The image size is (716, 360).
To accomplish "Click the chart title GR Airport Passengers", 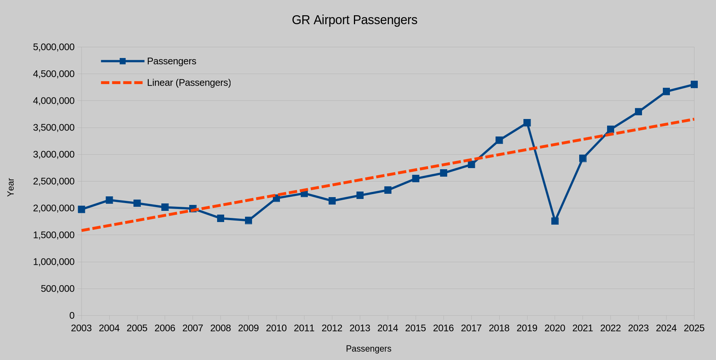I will (354, 20).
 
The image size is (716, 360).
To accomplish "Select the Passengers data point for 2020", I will (555, 221).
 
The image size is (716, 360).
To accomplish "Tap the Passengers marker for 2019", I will (527, 123).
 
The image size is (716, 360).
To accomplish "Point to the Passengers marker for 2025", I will (694, 84).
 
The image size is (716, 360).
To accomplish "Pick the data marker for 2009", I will (248, 220).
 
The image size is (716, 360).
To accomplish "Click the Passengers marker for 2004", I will (109, 200).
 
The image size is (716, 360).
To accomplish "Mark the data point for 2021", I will (583, 158).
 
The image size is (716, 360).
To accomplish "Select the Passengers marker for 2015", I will (416, 179).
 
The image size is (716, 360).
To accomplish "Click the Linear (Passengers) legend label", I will (189, 83).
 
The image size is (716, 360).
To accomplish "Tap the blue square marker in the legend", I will (123, 61).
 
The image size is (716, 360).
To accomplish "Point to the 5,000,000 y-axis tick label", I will (54, 47).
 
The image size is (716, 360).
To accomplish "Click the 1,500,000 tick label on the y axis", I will (54, 235).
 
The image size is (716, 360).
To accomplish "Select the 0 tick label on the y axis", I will (72, 316).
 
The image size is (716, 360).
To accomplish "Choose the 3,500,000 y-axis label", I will (54, 128).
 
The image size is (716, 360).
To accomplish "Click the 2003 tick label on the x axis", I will (81, 328).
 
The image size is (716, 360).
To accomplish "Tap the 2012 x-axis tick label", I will (332, 328).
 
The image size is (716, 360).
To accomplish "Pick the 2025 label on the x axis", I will (694, 328).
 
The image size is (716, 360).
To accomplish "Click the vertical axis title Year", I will (11, 187).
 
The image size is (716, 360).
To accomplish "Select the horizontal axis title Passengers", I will (368, 349).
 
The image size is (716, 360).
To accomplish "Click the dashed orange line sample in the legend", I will (122, 83).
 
